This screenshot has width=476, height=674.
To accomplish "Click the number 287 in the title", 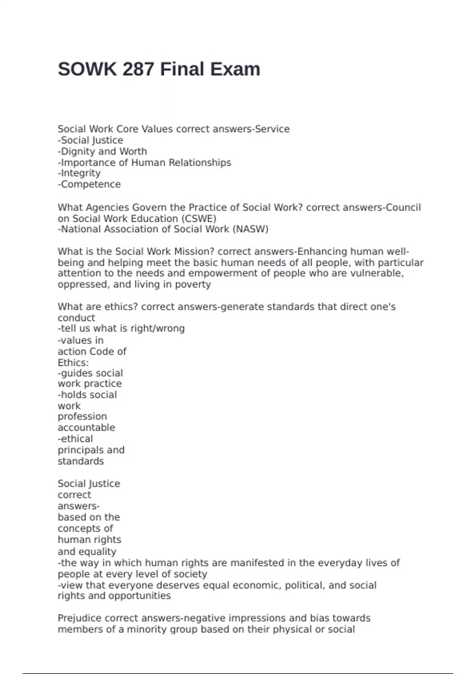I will (x=138, y=69).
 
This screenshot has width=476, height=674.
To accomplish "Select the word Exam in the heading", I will (x=235, y=69).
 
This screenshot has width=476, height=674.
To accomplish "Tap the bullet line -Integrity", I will (x=79, y=173).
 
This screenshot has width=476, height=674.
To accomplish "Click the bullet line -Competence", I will (x=89, y=184).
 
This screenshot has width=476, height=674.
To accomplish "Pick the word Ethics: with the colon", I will (x=73, y=363).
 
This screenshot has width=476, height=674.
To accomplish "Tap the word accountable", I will (x=86, y=428).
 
